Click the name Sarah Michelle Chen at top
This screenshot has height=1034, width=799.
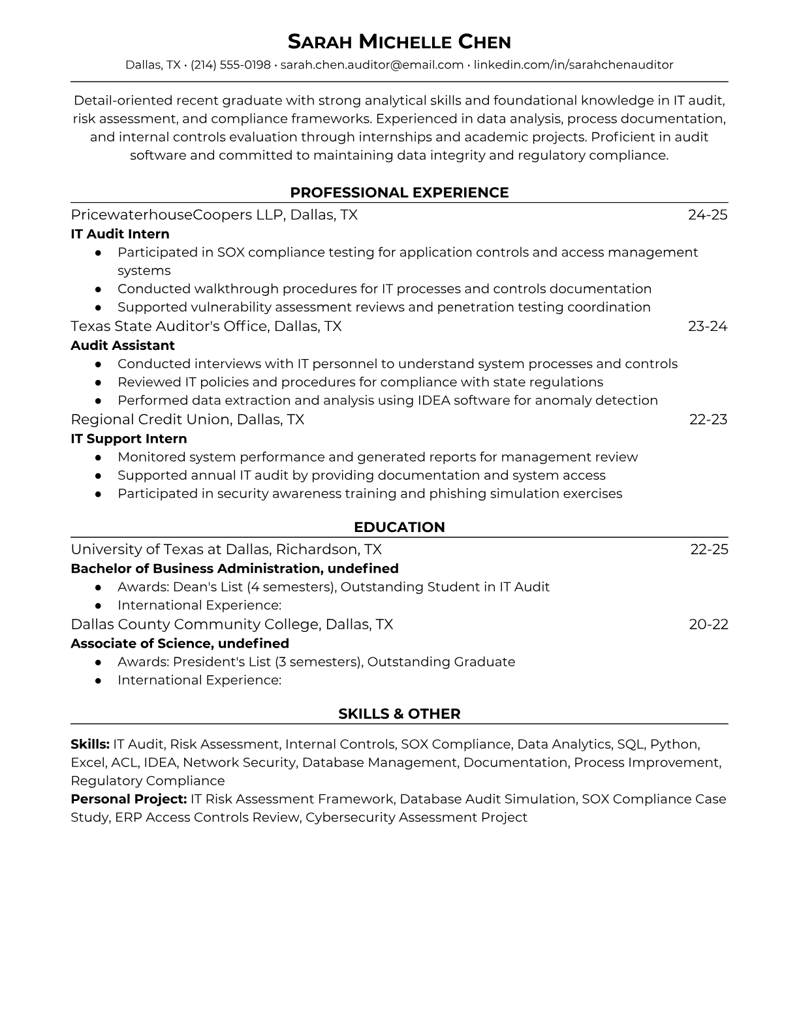tap(399, 42)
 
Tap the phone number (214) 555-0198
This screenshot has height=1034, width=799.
tap(230, 65)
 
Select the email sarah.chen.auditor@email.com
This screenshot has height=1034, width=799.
tap(371, 65)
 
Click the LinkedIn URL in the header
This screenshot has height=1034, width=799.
tap(573, 65)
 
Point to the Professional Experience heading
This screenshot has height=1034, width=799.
tap(399, 193)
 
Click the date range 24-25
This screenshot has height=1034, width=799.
tap(708, 215)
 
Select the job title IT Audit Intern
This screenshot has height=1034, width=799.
tap(120, 234)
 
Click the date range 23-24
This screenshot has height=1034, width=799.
tap(708, 326)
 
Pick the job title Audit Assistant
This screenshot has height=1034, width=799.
tap(123, 345)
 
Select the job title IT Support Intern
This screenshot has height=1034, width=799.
tap(129, 439)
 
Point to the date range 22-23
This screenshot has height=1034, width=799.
tap(708, 419)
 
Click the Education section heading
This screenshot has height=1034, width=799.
tap(399, 527)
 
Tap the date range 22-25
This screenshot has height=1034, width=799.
tap(709, 549)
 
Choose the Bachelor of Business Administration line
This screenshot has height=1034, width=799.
tap(234, 568)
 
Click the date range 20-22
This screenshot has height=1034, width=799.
tap(708, 624)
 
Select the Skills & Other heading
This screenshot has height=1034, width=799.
tap(399, 714)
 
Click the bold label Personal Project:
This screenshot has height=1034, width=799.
tap(129, 799)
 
